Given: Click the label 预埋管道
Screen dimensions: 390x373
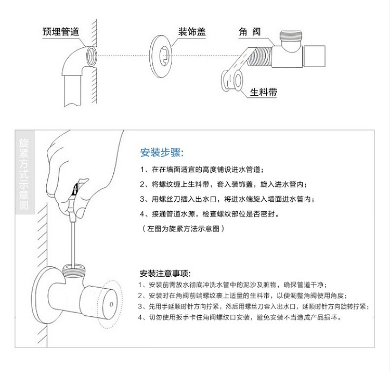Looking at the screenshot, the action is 61,32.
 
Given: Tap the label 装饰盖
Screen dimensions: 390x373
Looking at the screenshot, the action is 192,32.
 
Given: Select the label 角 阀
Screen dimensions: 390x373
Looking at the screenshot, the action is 250,32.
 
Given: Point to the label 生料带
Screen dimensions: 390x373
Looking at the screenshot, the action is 264,92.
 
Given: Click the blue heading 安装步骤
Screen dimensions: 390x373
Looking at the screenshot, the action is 162,152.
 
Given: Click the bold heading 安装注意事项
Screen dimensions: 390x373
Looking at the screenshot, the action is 165,274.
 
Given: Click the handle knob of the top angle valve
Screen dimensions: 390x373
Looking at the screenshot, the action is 314,56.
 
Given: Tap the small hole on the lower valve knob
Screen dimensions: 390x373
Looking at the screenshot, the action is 111,304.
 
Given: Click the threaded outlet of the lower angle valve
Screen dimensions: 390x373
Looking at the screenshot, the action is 74,269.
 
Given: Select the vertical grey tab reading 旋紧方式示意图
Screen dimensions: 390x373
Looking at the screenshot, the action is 24,172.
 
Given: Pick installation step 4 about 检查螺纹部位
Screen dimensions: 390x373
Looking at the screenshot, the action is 210,214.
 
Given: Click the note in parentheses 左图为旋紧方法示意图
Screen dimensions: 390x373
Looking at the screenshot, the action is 184,228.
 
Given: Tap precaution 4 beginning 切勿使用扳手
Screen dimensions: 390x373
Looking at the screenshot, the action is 240,317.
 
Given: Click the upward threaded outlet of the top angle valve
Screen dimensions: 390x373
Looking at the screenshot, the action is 291,35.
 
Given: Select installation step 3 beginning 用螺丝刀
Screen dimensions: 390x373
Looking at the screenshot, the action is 227,199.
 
